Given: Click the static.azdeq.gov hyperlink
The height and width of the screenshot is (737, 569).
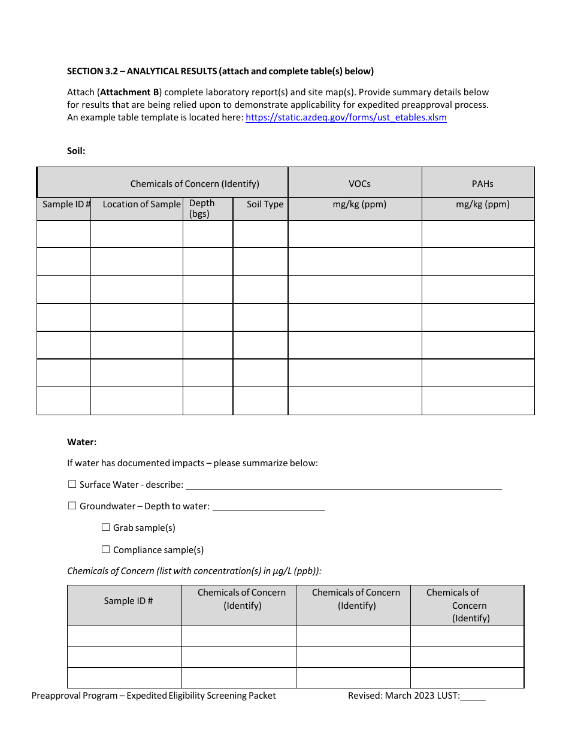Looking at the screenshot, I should tap(346, 117).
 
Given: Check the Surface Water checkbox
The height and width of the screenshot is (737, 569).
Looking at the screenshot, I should tap(72, 484).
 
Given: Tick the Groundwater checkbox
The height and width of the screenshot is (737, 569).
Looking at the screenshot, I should tap(72, 506).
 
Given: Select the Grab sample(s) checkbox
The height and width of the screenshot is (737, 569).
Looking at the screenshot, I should tap(106, 527).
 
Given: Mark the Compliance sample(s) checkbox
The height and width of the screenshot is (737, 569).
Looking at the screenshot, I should tap(106, 549).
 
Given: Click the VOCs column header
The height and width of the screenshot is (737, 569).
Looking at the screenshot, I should tap(359, 184).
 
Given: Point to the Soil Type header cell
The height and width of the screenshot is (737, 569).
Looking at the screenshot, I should tap(265, 204).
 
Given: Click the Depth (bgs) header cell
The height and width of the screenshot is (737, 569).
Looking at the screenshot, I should tap(202, 209).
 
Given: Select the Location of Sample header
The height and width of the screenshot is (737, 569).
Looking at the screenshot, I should tap(141, 204).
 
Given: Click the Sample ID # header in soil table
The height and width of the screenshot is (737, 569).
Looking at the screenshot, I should tap(66, 204).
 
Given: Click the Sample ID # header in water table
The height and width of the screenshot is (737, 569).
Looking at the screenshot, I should tap(128, 601).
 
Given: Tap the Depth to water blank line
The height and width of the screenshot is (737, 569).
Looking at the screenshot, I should tap(269, 507).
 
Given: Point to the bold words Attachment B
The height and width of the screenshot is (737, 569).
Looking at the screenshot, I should tap(125, 92).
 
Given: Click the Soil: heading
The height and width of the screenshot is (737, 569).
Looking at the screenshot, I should tap(76, 151).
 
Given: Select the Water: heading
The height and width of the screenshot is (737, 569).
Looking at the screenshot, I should tap(81, 442).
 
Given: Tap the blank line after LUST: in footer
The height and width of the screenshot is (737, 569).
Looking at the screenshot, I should tap(473, 696).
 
